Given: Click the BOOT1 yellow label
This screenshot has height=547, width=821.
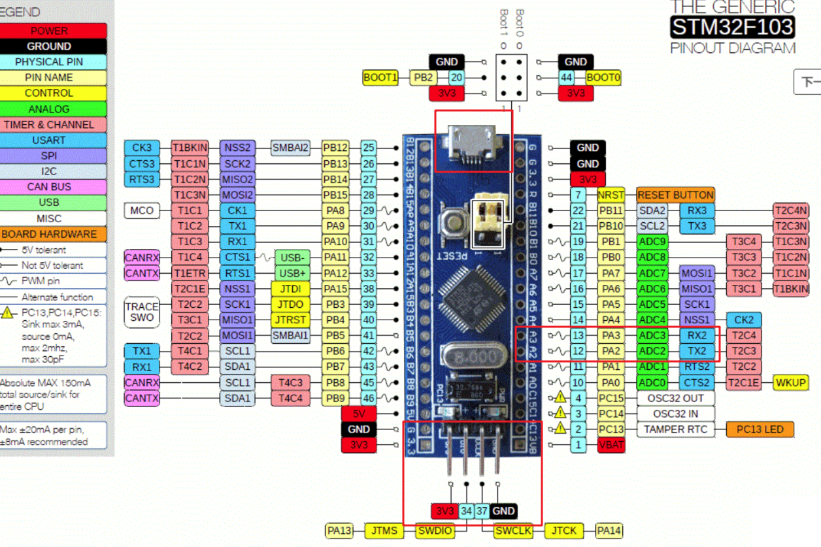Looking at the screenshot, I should point(380,78).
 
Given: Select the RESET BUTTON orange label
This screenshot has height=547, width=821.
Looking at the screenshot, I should point(675,195).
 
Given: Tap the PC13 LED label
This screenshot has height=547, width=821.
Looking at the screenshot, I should point(760,429).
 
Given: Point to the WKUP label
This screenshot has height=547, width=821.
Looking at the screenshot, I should point(790,382).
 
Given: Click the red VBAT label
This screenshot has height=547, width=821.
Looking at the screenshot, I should point(611,445).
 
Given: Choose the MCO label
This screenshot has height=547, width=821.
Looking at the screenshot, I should point(142,210).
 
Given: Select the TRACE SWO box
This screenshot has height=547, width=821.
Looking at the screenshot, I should point(142,312).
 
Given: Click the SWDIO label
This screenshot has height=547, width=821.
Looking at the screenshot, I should point(435,531).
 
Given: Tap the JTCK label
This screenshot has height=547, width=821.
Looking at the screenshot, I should point(563,531).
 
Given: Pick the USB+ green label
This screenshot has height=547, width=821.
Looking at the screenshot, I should point(291,273).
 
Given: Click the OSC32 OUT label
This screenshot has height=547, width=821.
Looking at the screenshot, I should point(675,398).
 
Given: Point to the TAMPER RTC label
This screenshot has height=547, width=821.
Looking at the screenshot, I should point(675,429).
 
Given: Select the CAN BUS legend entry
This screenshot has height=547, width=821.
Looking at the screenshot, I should point(49,187).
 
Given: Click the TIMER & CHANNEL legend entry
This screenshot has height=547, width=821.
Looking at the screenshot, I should point(49,124).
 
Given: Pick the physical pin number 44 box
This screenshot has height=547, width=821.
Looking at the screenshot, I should point(566,78).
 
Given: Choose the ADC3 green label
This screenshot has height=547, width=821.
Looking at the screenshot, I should point(652,335).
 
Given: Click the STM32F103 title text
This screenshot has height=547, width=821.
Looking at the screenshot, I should point(732,27).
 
